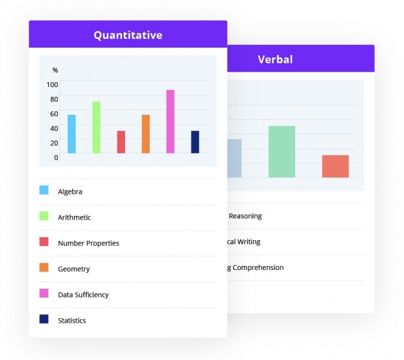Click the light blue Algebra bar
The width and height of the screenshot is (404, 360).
[72, 134]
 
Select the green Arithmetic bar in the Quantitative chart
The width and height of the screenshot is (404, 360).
[96, 127]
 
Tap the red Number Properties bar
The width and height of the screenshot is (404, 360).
[121, 142]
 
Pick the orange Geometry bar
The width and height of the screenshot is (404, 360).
[146, 134]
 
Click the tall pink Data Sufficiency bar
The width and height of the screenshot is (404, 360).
[170, 122]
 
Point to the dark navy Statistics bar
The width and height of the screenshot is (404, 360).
[195, 142]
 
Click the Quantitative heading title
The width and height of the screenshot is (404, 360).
[128, 35]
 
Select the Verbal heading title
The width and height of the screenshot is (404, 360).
[275, 59]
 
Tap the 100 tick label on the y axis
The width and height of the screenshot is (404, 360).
[52, 84]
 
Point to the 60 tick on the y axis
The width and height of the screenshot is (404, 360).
[54, 114]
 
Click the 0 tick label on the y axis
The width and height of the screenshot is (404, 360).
[56, 157]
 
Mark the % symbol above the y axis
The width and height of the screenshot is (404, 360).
[55, 70]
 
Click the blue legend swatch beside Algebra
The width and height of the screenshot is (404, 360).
[44, 190]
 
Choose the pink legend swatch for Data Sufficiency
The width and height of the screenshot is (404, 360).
[44, 294]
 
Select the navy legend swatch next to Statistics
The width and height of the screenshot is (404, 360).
[44, 319]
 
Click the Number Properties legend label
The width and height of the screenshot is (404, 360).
[88, 243]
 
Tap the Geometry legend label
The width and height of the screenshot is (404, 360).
[74, 269]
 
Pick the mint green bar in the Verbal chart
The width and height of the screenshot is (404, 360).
[281, 151]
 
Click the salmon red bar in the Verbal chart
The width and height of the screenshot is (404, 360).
[335, 166]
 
